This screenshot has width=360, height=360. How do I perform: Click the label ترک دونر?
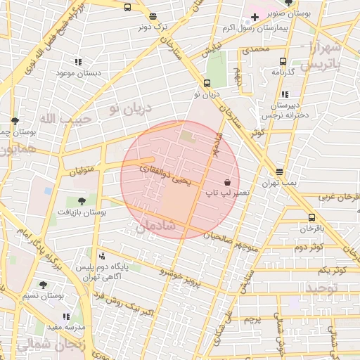(x=154, y=27)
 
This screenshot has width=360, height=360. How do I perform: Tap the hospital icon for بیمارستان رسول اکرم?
(x=255, y=17)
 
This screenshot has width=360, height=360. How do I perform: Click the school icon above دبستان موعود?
(x=77, y=62)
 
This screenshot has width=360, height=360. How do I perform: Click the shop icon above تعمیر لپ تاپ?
(x=226, y=181)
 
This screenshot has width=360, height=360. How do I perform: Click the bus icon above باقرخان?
(x=311, y=217)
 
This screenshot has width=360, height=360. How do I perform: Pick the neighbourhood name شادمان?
(x=150, y=226)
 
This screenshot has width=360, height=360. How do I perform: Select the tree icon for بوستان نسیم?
(x=43, y=284)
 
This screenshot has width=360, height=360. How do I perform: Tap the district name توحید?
(x=321, y=288)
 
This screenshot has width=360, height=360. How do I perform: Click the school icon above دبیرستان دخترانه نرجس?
(x=284, y=94)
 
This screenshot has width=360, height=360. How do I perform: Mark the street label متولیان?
(x=82, y=169)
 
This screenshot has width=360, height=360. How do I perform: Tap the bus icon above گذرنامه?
(x=283, y=61)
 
